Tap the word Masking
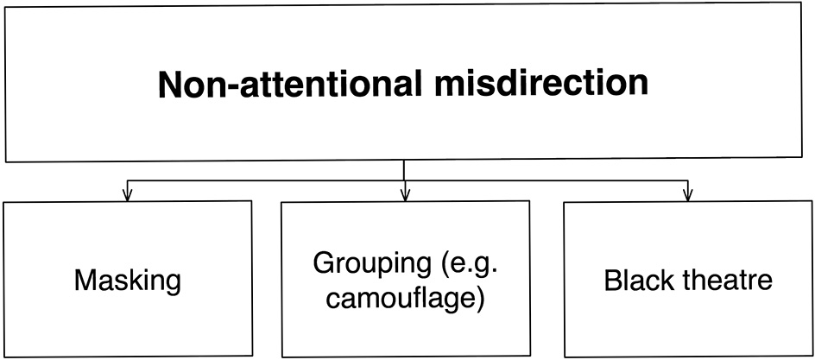pos(128,281)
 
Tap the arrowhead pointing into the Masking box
pos(128,195)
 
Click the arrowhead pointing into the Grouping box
pos(404,195)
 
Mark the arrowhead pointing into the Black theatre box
pos(687,195)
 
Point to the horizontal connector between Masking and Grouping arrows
pos(266,181)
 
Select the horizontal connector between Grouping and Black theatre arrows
pos(546,181)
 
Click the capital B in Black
pos(611,281)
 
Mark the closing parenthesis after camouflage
pos(479,299)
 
